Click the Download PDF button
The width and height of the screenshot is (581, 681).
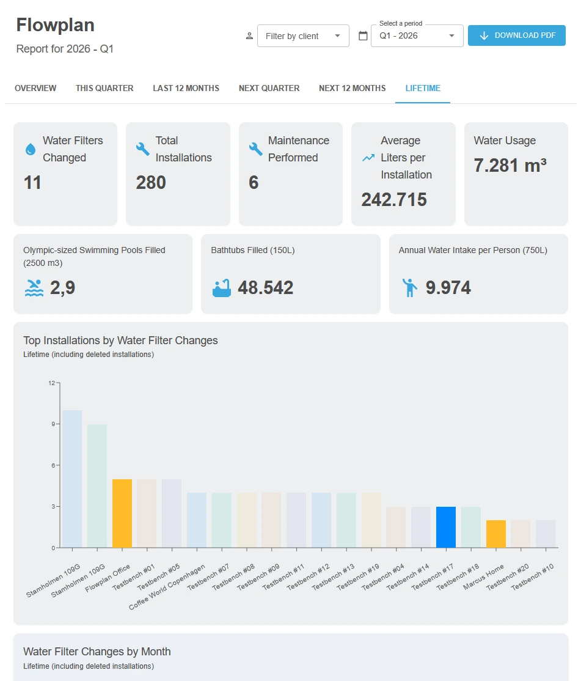516,35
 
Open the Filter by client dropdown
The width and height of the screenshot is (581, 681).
303,36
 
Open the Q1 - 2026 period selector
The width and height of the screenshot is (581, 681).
417,36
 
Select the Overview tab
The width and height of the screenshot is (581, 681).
35,88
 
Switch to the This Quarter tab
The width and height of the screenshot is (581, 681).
104,88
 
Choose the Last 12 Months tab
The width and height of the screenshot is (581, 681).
186,88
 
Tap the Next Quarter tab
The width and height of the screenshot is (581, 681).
269,88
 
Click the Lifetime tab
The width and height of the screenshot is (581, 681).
423,88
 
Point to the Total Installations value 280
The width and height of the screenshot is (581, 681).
151,182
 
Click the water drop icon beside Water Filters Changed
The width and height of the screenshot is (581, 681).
31,149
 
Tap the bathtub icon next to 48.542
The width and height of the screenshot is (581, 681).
222,288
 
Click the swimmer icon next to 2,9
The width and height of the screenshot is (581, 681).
34,288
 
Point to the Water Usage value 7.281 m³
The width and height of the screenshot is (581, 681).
510,166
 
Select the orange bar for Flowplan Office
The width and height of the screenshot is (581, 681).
122,514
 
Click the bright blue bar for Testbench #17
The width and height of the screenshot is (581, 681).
446,527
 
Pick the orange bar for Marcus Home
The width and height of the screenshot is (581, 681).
496,534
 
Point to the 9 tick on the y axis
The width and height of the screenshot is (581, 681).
53,424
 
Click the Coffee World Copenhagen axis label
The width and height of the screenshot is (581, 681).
167,587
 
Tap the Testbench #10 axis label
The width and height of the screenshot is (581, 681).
532,577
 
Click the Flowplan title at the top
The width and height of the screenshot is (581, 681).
55,24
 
